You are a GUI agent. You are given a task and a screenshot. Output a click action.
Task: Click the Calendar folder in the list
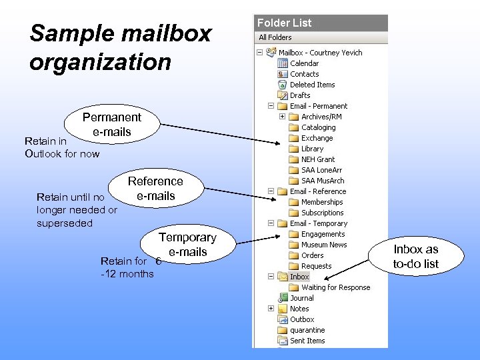pyautogui.click(x=304, y=63)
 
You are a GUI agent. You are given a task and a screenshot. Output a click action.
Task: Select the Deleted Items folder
pyautogui.click(x=312, y=85)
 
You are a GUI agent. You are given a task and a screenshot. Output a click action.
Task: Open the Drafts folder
pyautogui.click(x=300, y=95)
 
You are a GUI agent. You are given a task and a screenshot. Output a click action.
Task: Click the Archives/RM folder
pyautogui.click(x=322, y=117)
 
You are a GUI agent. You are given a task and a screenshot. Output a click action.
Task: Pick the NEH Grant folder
pyautogui.click(x=318, y=159)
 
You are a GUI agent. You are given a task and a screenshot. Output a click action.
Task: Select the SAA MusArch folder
pyautogui.click(x=323, y=181)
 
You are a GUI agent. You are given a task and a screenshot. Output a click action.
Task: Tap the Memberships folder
pyautogui.click(x=322, y=202)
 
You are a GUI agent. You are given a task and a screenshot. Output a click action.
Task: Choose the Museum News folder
pyautogui.click(x=324, y=245)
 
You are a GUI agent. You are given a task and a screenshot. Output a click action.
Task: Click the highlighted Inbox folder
pyautogui.click(x=299, y=277)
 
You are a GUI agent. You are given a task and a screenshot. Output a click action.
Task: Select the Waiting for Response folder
pyautogui.click(x=335, y=287)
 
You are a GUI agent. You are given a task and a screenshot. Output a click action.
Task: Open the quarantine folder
pyautogui.click(x=307, y=330)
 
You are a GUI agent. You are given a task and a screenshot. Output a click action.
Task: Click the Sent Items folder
pyautogui.click(x=307, y=341)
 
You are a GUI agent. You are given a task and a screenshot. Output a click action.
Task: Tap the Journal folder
pyautogui.click(x=302, y=298)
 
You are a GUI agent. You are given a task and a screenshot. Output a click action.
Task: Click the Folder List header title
pyautogui.click(x=285, y=23)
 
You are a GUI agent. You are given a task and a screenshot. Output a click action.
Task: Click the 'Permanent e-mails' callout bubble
pyautogui.click(x=112, y=125)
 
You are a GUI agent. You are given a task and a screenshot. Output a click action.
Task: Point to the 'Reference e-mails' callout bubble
pyautogui.click(x=155, y=189)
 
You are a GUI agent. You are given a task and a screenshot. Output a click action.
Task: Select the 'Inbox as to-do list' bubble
pyautogui.click(x=416, y=257)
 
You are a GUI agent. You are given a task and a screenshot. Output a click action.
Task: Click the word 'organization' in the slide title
pyautogui.click(x=101, y=62)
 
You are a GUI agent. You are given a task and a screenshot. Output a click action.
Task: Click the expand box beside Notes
pyautogui.click(x=271, y=309)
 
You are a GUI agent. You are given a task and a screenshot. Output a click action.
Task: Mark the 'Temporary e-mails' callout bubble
pyautogui.click(x=187, y=245)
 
